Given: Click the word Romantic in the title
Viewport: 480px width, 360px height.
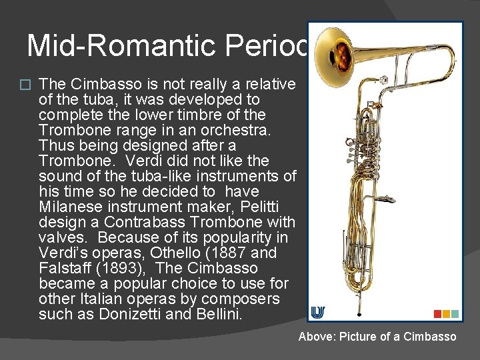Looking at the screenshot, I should pos(163,45).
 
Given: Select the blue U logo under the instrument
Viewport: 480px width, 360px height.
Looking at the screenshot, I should pos(318,313).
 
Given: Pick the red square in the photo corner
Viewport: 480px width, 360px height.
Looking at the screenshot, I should pos(437,313).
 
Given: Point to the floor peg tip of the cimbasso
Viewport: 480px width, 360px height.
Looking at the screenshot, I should pos(359,313).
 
